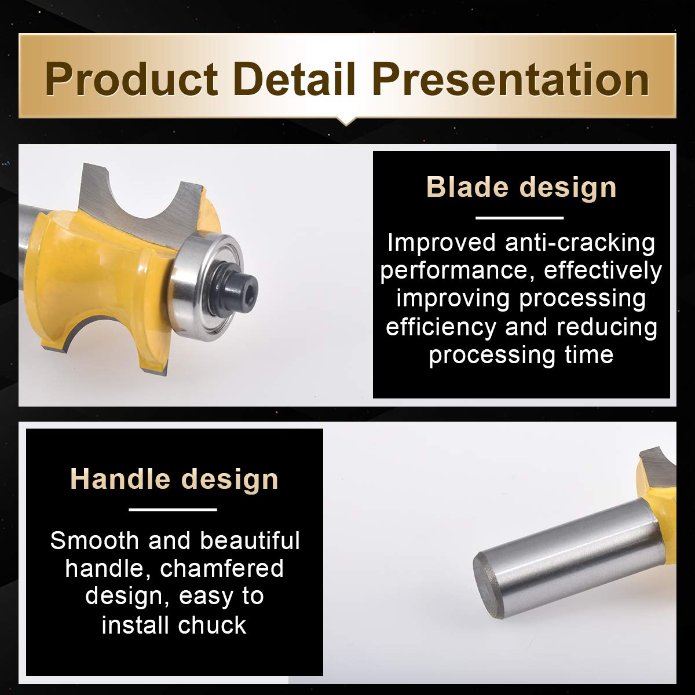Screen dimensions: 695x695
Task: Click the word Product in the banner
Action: [x=131, y=79]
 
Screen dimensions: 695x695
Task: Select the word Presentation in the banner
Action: [x=511, y=79]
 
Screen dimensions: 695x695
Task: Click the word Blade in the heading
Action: [x=468, y=187]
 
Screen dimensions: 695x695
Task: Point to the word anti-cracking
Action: [x=580, y=243]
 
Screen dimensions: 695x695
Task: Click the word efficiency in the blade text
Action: [x=441, y=327]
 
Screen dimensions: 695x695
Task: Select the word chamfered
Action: [x=221, y=569]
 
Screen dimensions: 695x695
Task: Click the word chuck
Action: [x=212, y=625]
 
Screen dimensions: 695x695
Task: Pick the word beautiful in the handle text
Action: [x=250, y=540]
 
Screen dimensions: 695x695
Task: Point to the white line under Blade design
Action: [x=520, y=218]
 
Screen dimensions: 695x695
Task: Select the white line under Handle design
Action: [x=173, y=510]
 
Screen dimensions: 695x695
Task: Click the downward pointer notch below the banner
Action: [x=346, y=122]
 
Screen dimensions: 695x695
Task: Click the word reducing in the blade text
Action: [x=606, y=327]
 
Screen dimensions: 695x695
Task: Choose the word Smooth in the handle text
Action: [x=94, y=540]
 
